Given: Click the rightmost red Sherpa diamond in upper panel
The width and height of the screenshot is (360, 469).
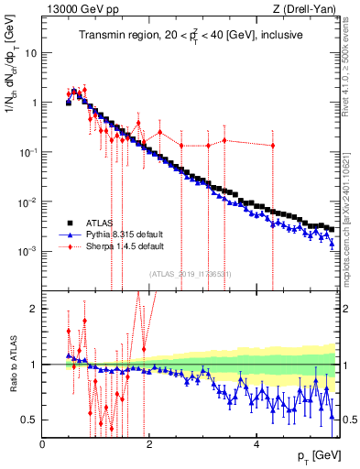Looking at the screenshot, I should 272,146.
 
